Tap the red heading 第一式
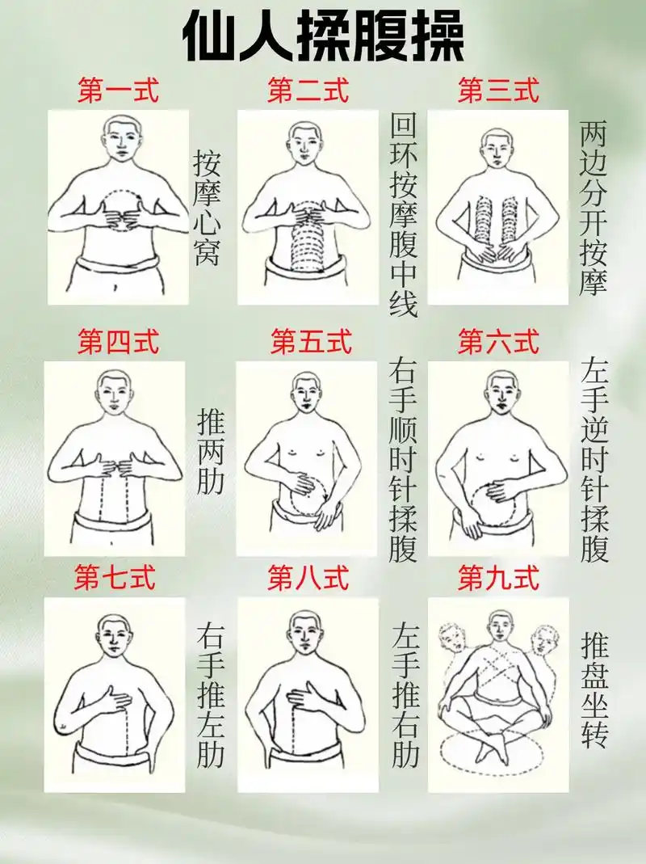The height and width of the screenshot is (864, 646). pos(118,91)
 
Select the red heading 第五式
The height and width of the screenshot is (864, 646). pos(311,342)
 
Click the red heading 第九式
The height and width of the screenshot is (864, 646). pos(498,578)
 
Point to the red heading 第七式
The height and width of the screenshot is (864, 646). pos(115,578)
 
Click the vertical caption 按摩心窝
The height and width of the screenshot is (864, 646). pos(207,208)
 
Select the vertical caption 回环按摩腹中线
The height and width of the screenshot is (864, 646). pos(403,215)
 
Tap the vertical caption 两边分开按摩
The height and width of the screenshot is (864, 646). pos(593,208)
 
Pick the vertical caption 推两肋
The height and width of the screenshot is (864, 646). pos(211,451)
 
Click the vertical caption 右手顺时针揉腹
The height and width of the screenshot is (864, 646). pos(403,460)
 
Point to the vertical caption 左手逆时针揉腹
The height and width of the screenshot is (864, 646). pos(594,460)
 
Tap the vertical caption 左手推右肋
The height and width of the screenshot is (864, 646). pos(405,697)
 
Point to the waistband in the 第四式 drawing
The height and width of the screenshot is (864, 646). pos(113,517)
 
